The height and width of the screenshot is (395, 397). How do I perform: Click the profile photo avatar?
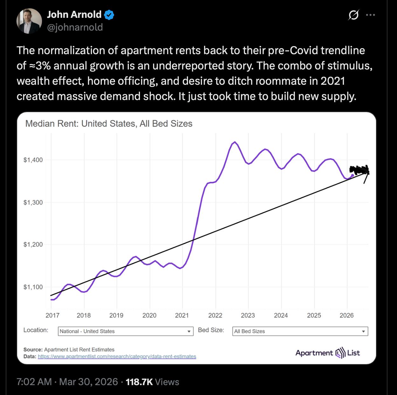coord(29,21)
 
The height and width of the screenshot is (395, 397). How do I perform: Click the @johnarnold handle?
coord(75,27)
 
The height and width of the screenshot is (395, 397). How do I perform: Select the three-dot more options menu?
coord(371,15)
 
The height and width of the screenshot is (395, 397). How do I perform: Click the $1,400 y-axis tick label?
coord(33,160)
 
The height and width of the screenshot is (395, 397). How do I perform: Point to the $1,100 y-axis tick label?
coord(33,287)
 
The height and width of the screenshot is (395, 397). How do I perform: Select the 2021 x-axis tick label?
coord(182,315)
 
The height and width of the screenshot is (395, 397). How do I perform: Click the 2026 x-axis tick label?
coord(346,315)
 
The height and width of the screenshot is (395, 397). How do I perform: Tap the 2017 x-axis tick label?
coord(52,315)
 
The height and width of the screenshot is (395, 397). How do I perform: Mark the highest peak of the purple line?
coord(234,142)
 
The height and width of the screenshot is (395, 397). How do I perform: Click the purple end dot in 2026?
coord(352,175)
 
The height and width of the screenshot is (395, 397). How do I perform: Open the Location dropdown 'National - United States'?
coord(126,331)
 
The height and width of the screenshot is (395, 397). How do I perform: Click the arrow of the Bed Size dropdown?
coord(363,331)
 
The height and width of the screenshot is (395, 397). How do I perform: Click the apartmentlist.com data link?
coord(117,356)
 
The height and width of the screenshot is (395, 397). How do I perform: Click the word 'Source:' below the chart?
coord(33,349)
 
